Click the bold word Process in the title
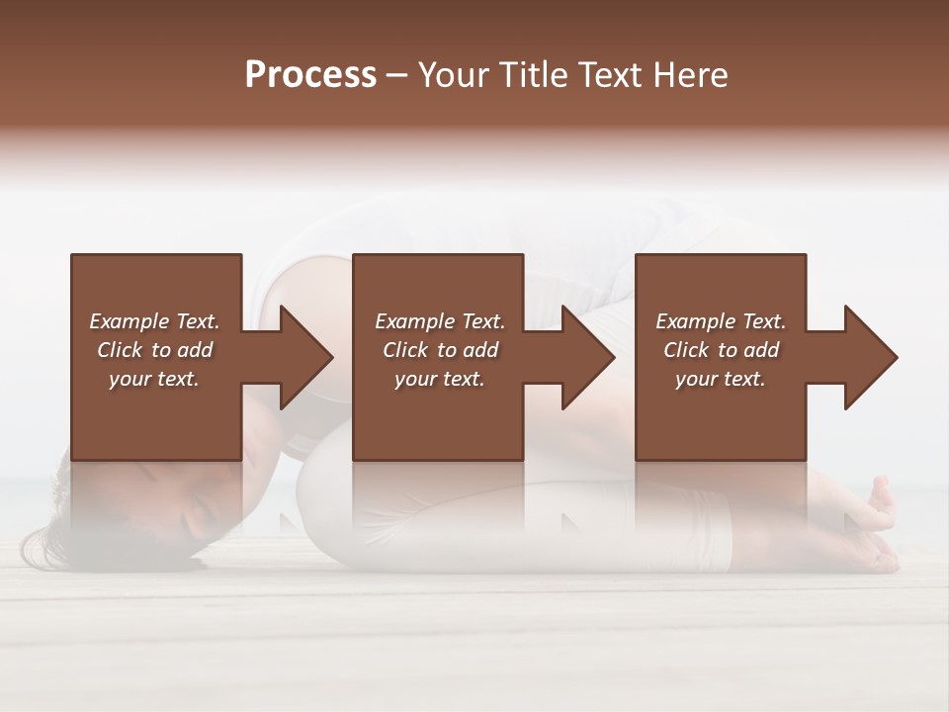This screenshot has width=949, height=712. pyautogui.click(x=310, y=75)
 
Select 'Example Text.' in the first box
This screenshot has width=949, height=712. pyautogui.click(x=154, y=321)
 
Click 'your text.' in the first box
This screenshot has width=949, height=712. pyautogui.click(x=154, y=379)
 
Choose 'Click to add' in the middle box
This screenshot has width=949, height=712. pyautogui.click(x=440, y=350)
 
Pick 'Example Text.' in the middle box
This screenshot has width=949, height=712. pyautogui.click(x=440, y=321)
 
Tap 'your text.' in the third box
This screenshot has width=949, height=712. pyautogui.click(x=721, y=379)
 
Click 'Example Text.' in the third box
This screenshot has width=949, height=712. pyautogui.click(x=721, y=321)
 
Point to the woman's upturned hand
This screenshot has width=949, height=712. pyautogui.click(x=875, y=509)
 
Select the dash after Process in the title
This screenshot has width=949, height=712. pyautogui.click(x=397, y=75)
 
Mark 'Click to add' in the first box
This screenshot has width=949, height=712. pyautogui.click(x=154, y=350)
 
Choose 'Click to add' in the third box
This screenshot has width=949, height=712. pyautogui.click(x=721, y=350)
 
